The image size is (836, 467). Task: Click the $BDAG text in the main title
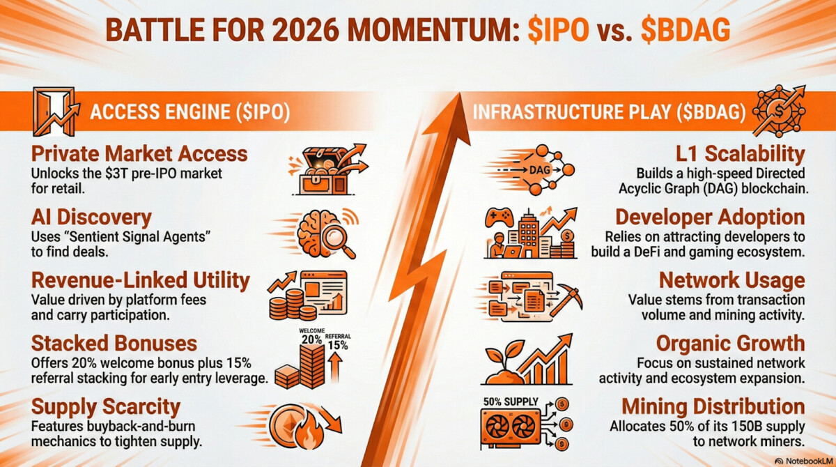point(686,30)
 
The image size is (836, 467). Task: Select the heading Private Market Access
point(139,154)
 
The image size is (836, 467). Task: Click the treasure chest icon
point(323,172)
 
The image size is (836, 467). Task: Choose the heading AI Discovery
point(91,217)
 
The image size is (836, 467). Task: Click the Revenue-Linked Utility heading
point(140,280)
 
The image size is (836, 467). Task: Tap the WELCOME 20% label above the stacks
point(311,337)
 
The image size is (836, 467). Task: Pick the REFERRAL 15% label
point(338,342)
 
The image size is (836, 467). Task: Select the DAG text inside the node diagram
point(540,170)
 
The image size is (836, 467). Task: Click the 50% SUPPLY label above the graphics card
point(511,401)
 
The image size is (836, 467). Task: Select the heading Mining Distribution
point(713,406)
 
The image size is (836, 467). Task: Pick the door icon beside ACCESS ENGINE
point(56,112)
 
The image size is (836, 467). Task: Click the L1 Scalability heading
point(740,154)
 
